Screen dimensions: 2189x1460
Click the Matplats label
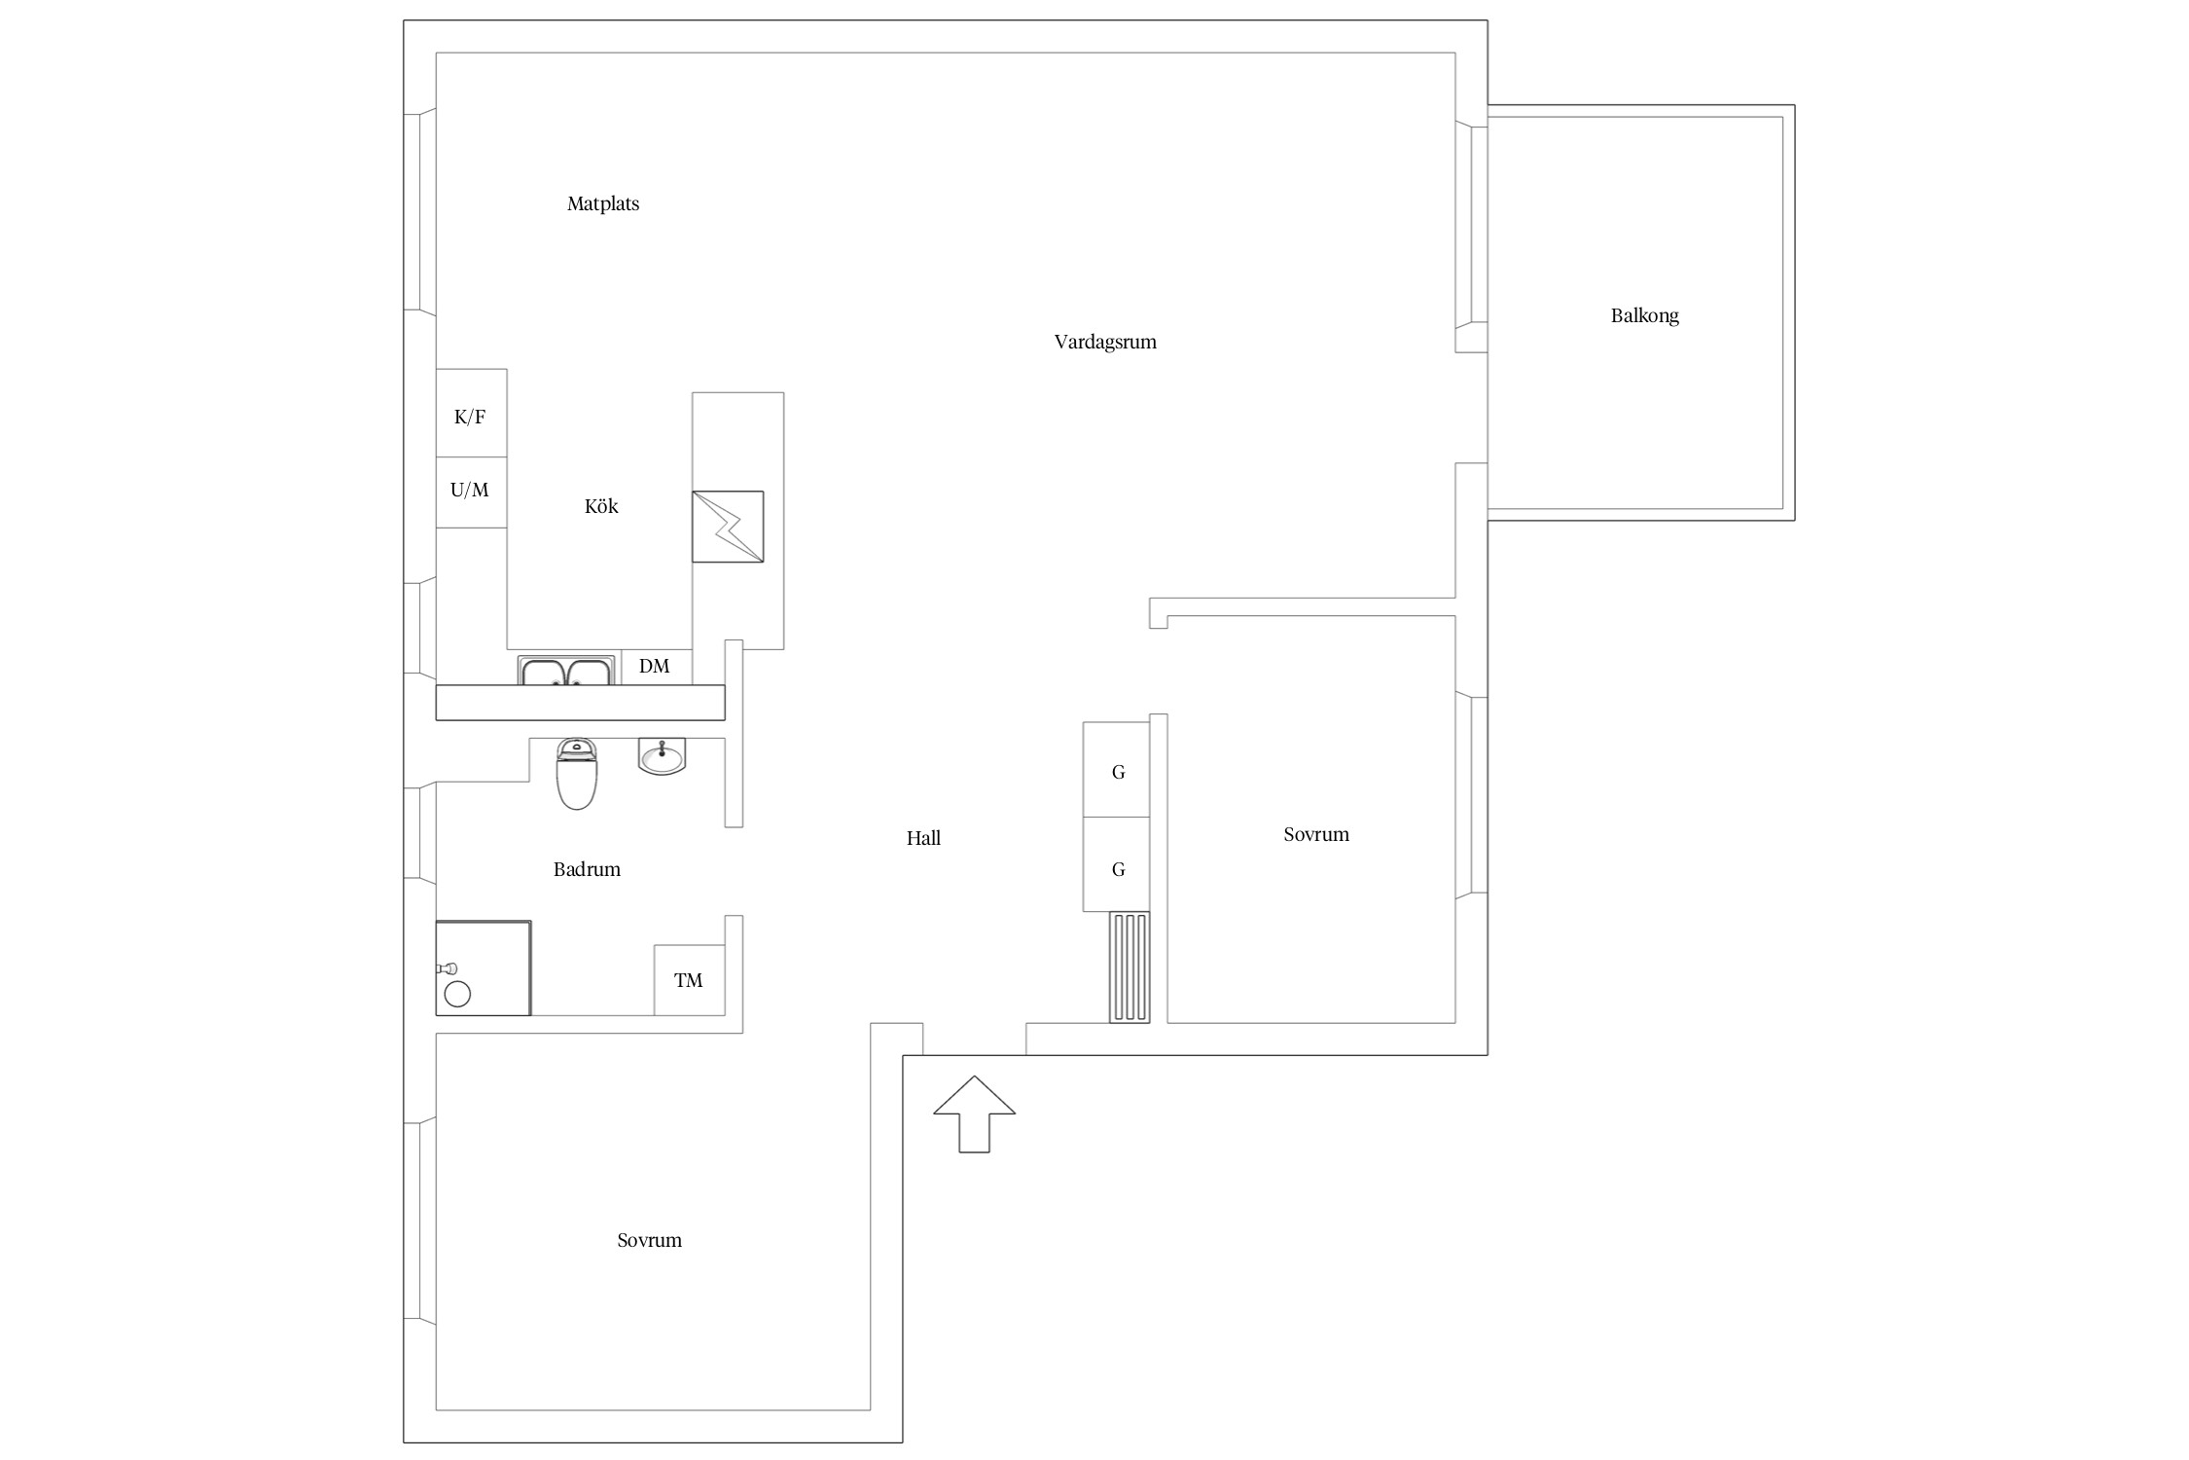tap(603, 203)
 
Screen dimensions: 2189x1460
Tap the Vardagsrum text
tap(1105, 342)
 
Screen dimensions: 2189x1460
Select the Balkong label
tap(1644, 315)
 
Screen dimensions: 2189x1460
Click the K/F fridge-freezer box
tap(471, 413)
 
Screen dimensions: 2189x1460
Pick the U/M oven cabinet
tap(471, 493)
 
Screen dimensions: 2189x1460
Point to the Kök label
tap(601, 506)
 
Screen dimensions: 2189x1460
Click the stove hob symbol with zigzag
tap(728, 527)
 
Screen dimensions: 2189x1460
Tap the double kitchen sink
tap(566, 671)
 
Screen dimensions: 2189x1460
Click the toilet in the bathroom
tap(577, 774)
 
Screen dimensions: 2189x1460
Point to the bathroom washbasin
tap(663, 756)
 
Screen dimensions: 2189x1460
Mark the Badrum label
tap(587, 869)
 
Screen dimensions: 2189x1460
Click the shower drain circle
tap(457, 994)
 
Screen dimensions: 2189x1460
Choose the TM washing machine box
tap(689, 980)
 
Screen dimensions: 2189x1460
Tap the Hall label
tap(923, 838)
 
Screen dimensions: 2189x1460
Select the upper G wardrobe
tap(1117, 769)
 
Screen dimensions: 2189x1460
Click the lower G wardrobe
tap(1117, 864)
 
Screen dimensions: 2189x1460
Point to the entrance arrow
tap(974, 1114)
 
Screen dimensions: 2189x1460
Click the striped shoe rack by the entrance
tap(1130, 967)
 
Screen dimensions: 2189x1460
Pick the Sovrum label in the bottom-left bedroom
tap(649, 1240)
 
